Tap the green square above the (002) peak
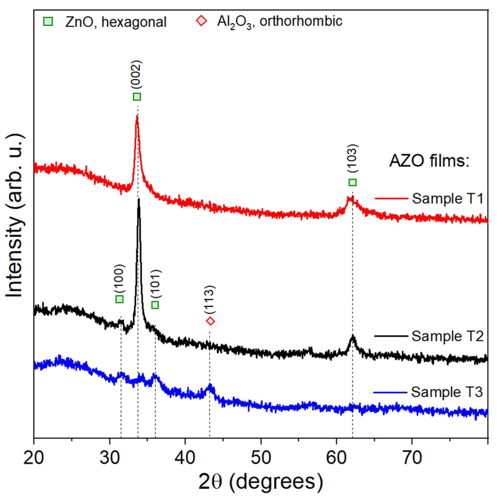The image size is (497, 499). (x=137, y=97)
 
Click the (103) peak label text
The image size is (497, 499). (x=352, y=158)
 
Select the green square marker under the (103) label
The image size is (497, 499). (x=352, y=182)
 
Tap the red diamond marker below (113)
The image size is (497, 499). (x=210, y=321)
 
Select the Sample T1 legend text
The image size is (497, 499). (x=447, y=199)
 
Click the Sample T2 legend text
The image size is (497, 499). (x=447, y=336)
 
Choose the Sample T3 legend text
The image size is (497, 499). (x=447, y=392)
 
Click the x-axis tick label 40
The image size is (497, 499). (x=185, y=458)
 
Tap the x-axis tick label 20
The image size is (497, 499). (x=34, y=458)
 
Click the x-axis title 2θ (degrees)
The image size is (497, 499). (x=261, y=482)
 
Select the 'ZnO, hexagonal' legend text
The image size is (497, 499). (x=116, y=22)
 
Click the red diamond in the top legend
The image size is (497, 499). (x=201, y=21)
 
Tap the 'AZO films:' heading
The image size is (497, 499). (x=429, y=161)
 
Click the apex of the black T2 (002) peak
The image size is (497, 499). (x=139, y=199)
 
